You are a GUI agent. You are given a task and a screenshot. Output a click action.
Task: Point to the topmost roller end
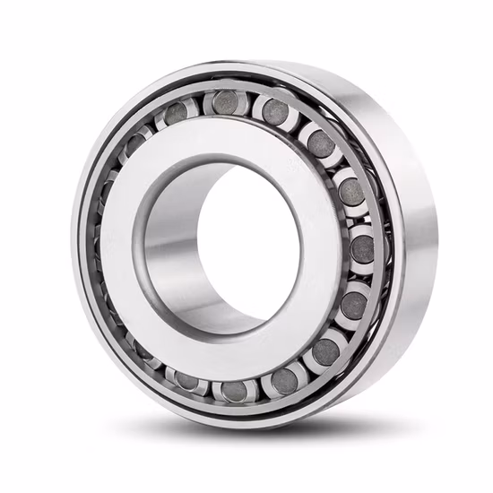[224, 101]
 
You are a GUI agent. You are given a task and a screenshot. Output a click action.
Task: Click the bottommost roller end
[234, 391]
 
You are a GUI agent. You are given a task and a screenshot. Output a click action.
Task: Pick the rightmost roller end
[363, 248]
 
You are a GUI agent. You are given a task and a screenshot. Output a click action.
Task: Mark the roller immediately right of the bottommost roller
[285, 380]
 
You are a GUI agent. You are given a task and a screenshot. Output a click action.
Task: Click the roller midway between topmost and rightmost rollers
[318, 143]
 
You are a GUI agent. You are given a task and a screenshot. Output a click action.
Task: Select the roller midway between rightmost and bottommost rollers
[326, 350]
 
